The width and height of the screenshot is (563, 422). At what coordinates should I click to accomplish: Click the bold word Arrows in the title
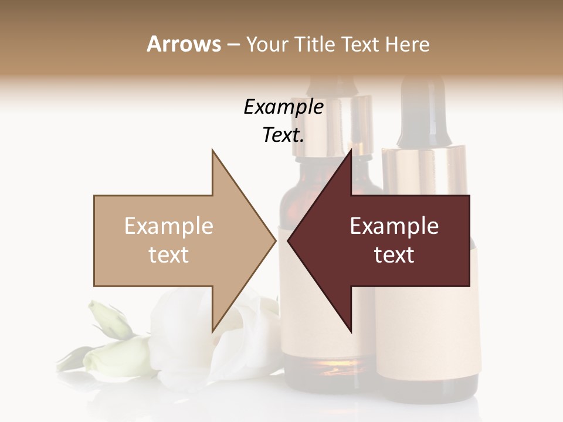184,44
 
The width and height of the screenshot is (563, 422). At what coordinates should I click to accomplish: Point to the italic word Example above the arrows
283,107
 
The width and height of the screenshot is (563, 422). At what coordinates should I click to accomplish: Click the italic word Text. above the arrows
283,135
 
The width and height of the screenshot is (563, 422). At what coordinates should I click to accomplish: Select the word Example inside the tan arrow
169,226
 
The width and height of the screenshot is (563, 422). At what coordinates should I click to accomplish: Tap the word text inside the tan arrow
169,255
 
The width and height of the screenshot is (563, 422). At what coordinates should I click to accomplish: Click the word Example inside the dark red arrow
394,226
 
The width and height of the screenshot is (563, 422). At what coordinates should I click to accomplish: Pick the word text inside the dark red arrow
394,255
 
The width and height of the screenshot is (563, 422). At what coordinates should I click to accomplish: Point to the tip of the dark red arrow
289,240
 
